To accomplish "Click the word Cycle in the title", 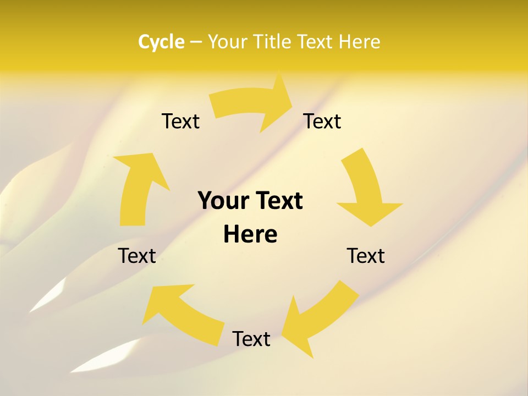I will click(161, 42).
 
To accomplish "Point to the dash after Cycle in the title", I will click(196, 42).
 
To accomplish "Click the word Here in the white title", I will click(359, 42).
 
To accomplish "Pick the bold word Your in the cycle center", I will click(220, 201).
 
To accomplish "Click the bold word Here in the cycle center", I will click(250, 234).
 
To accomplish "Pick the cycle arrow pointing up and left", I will click(182, 311).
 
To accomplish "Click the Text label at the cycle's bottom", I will click(251, 339).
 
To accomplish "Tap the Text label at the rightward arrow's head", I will click(322, 121).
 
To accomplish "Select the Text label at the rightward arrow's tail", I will click(180, 121).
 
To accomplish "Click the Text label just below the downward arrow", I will click(366, 256).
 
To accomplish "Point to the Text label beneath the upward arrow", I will click(137, 256).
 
